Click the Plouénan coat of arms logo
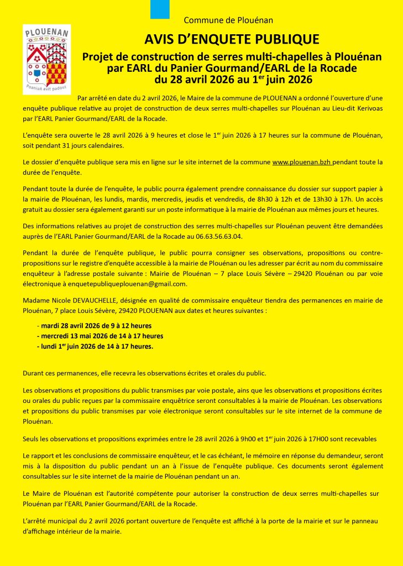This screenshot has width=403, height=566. coord(46,59)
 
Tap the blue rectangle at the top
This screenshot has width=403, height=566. coord(160,9)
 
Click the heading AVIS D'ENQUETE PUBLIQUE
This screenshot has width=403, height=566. coord(232,39)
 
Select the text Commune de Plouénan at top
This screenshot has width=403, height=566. coord(228,20)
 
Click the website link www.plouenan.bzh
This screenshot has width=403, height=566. coord(302,162)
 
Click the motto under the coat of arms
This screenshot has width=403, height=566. coord(46,87)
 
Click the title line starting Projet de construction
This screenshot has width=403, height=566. coord(232,56)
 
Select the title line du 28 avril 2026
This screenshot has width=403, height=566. coord(232,79)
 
